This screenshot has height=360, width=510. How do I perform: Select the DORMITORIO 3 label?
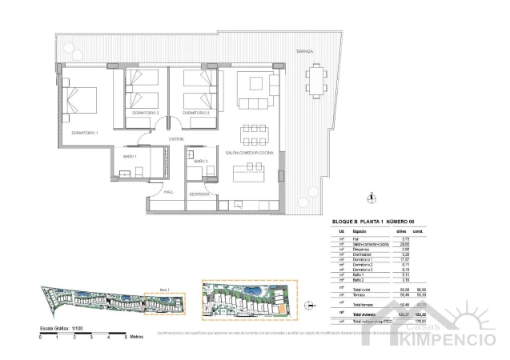(x=197, y=113)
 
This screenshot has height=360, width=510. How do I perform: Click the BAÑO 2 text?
(x=201, y=162)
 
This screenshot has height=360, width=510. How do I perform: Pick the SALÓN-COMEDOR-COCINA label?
(x=250, y=152)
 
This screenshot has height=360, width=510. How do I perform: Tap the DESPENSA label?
(x=199, y=194)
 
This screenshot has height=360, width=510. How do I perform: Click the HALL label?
(x=168, y=192)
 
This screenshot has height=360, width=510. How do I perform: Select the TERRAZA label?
(x=304, y=51)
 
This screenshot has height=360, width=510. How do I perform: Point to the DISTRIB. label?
(x=177, y=138)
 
